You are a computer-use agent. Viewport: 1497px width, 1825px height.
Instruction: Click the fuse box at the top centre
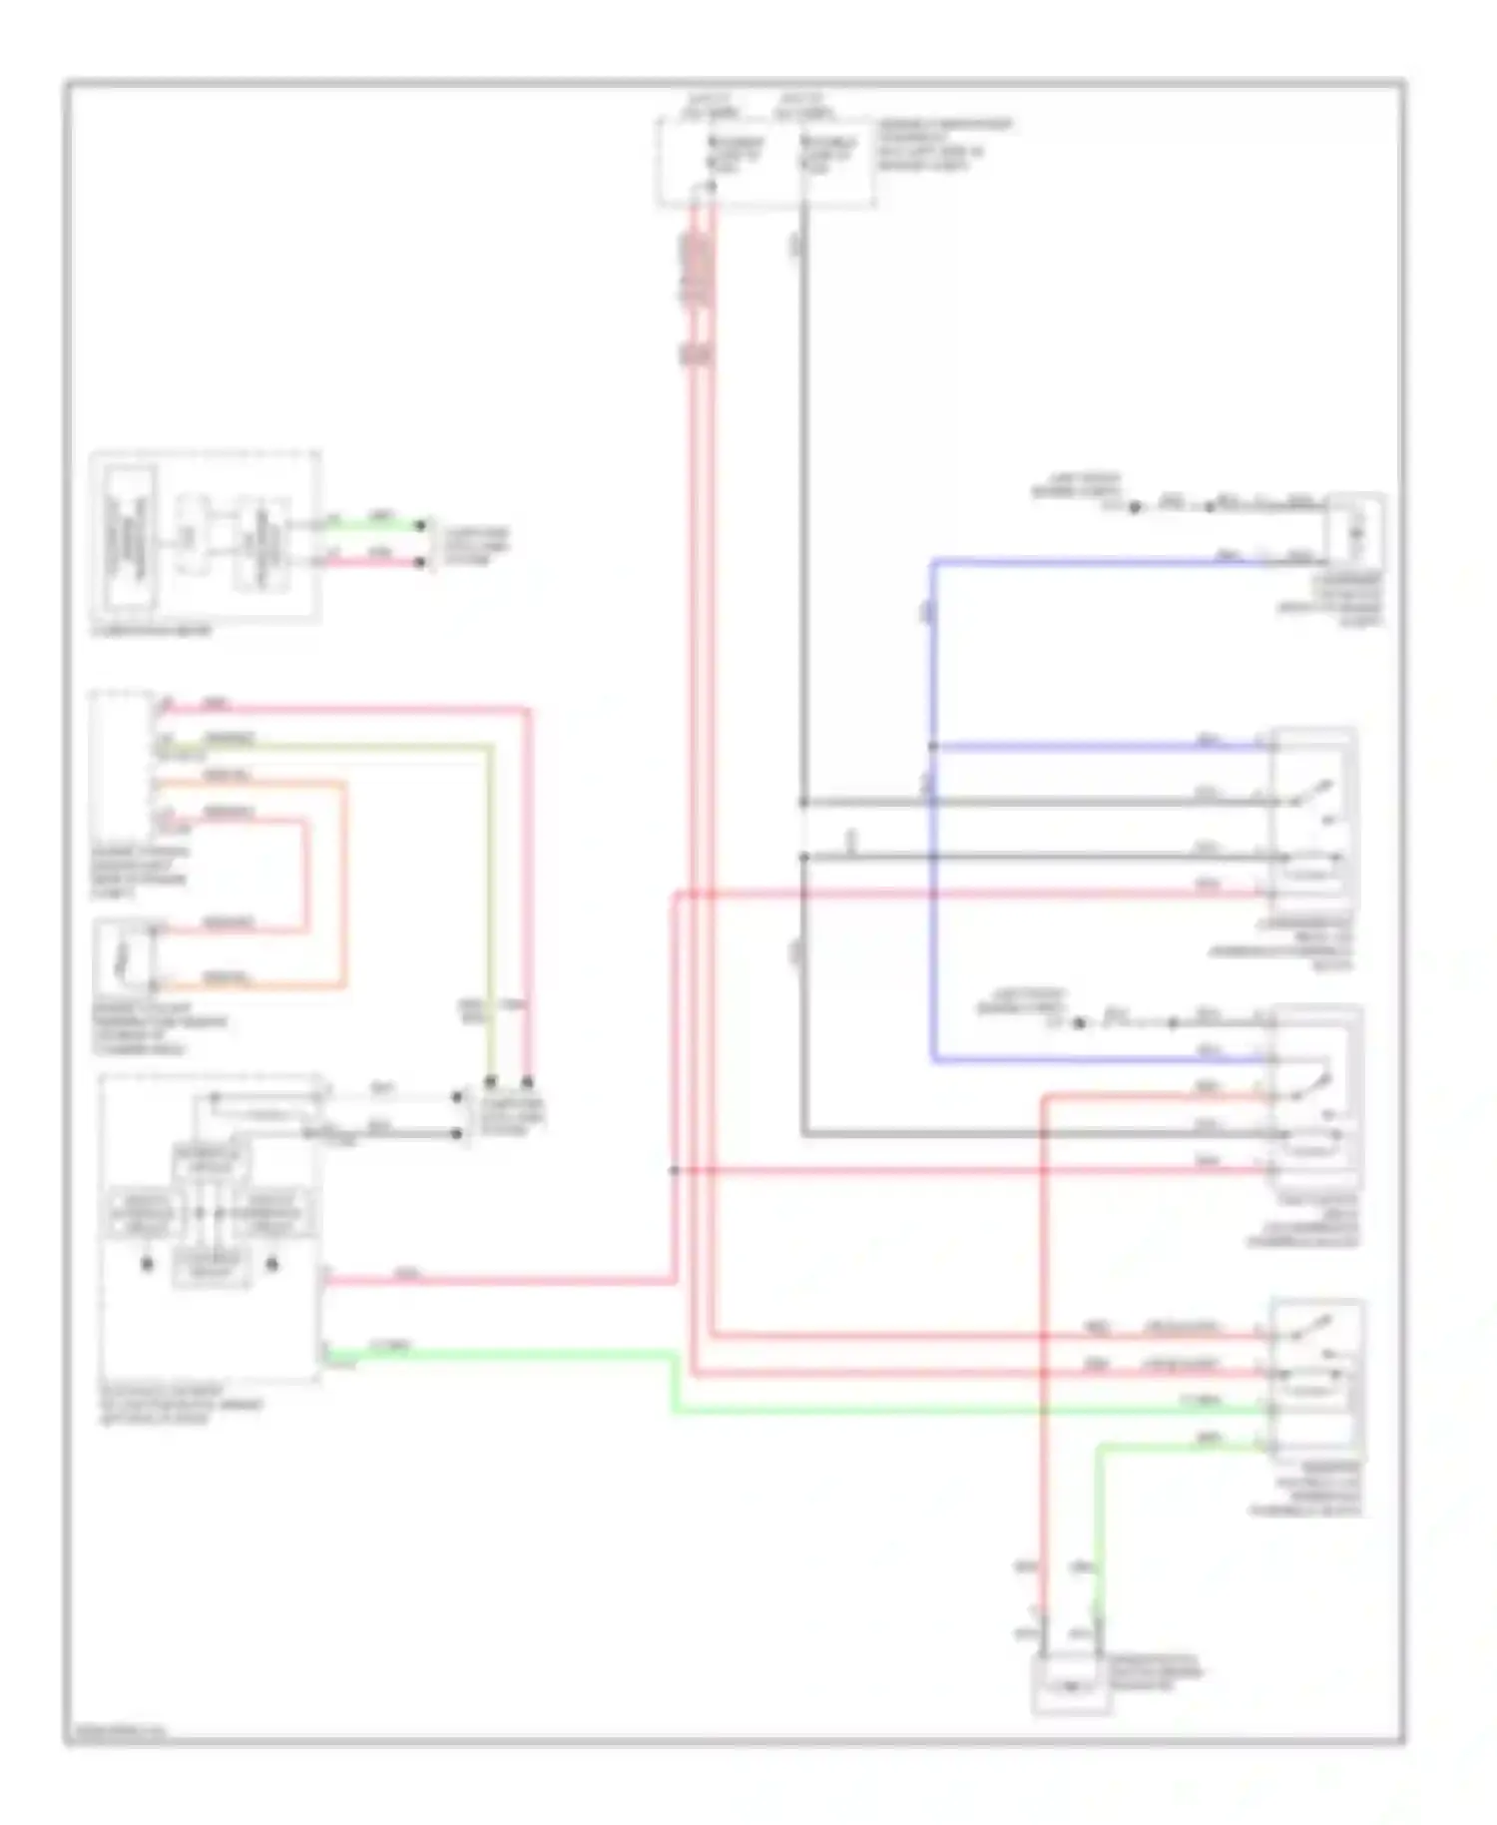coord(764,162)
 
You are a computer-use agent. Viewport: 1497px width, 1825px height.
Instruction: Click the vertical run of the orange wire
coord(345,885)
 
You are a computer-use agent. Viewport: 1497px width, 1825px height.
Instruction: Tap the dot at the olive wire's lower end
coord(490,1081)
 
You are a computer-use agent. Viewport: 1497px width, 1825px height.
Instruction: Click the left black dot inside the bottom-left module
coord(147,1264)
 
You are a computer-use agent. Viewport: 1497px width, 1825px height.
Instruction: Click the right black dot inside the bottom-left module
coord(271,1264)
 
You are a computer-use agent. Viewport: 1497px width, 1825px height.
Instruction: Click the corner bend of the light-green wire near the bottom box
coord(1099,1447)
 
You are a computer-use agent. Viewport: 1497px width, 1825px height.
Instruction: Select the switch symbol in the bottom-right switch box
coord(1309,1332)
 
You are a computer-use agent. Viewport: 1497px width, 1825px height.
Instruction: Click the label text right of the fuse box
coord(942,146)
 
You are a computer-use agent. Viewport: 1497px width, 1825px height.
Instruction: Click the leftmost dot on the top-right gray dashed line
coord(1135,507)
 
